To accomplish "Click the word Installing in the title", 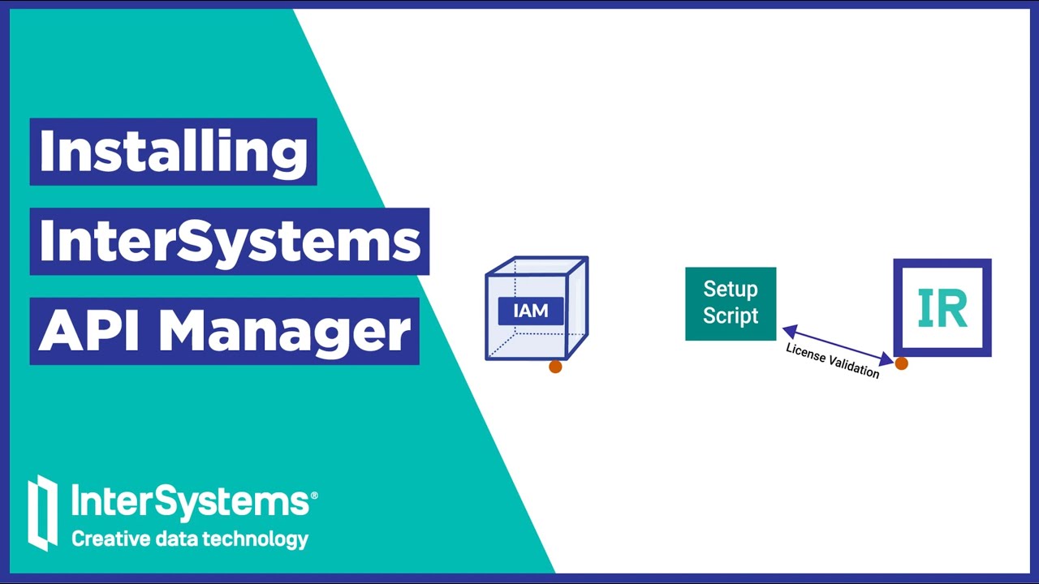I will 173,151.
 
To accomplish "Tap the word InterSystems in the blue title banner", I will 230,241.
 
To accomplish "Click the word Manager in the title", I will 284,331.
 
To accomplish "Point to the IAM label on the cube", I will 530,311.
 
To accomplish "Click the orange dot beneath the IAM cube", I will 555,367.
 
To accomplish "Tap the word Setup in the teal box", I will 731,290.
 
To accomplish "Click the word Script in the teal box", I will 731,316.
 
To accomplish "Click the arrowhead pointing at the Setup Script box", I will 789,330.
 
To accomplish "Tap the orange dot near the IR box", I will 901,364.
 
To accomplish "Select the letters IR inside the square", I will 942,308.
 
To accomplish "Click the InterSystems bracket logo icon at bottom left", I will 43,513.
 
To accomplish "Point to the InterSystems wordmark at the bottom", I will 189,501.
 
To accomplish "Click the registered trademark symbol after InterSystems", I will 314,494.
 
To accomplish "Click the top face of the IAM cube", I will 537,266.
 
